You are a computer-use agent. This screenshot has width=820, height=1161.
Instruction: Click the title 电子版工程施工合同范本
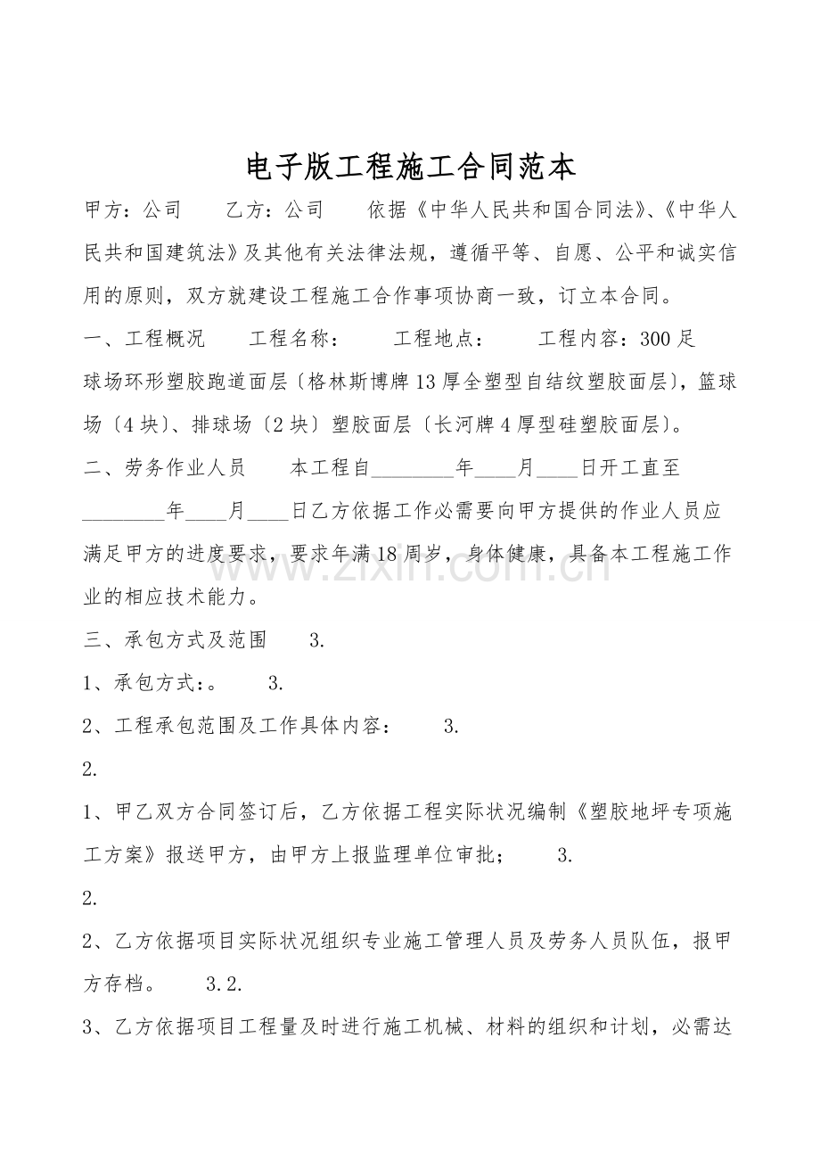tap(410, 166)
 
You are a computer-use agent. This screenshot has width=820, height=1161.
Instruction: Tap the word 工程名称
tap(291, 339)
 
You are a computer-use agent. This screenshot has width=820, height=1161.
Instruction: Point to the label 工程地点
tap(439, 339)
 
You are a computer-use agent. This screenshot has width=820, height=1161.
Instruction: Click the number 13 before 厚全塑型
tap(425, 383)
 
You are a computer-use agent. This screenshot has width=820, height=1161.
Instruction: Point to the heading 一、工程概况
tap(143, 339)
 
